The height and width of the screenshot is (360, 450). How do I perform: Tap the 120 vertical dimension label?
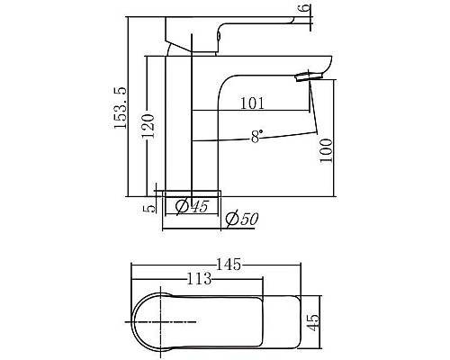click(x=148, y=130)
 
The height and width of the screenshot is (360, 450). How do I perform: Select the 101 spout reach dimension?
click(x=253, y=103)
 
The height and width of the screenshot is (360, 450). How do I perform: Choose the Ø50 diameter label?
click(x=241, y=219)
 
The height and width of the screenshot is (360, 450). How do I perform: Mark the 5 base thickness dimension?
click(x=149, y=206)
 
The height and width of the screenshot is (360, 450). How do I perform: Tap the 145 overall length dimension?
click(x=229, y=264)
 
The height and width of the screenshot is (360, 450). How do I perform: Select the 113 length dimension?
click(x=199, y=279)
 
